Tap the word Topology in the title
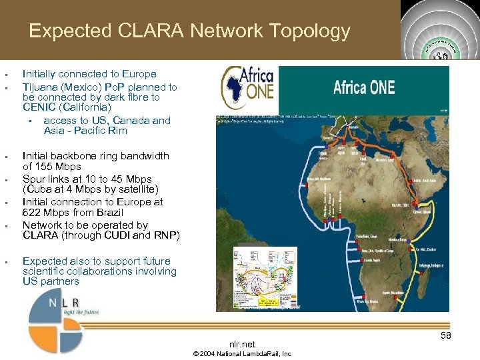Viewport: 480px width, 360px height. pos(311,31)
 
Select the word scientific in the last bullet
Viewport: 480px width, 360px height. pos(44,271)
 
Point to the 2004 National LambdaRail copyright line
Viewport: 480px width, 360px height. pos(242,353)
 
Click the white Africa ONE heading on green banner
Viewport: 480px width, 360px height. pos(364,87)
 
